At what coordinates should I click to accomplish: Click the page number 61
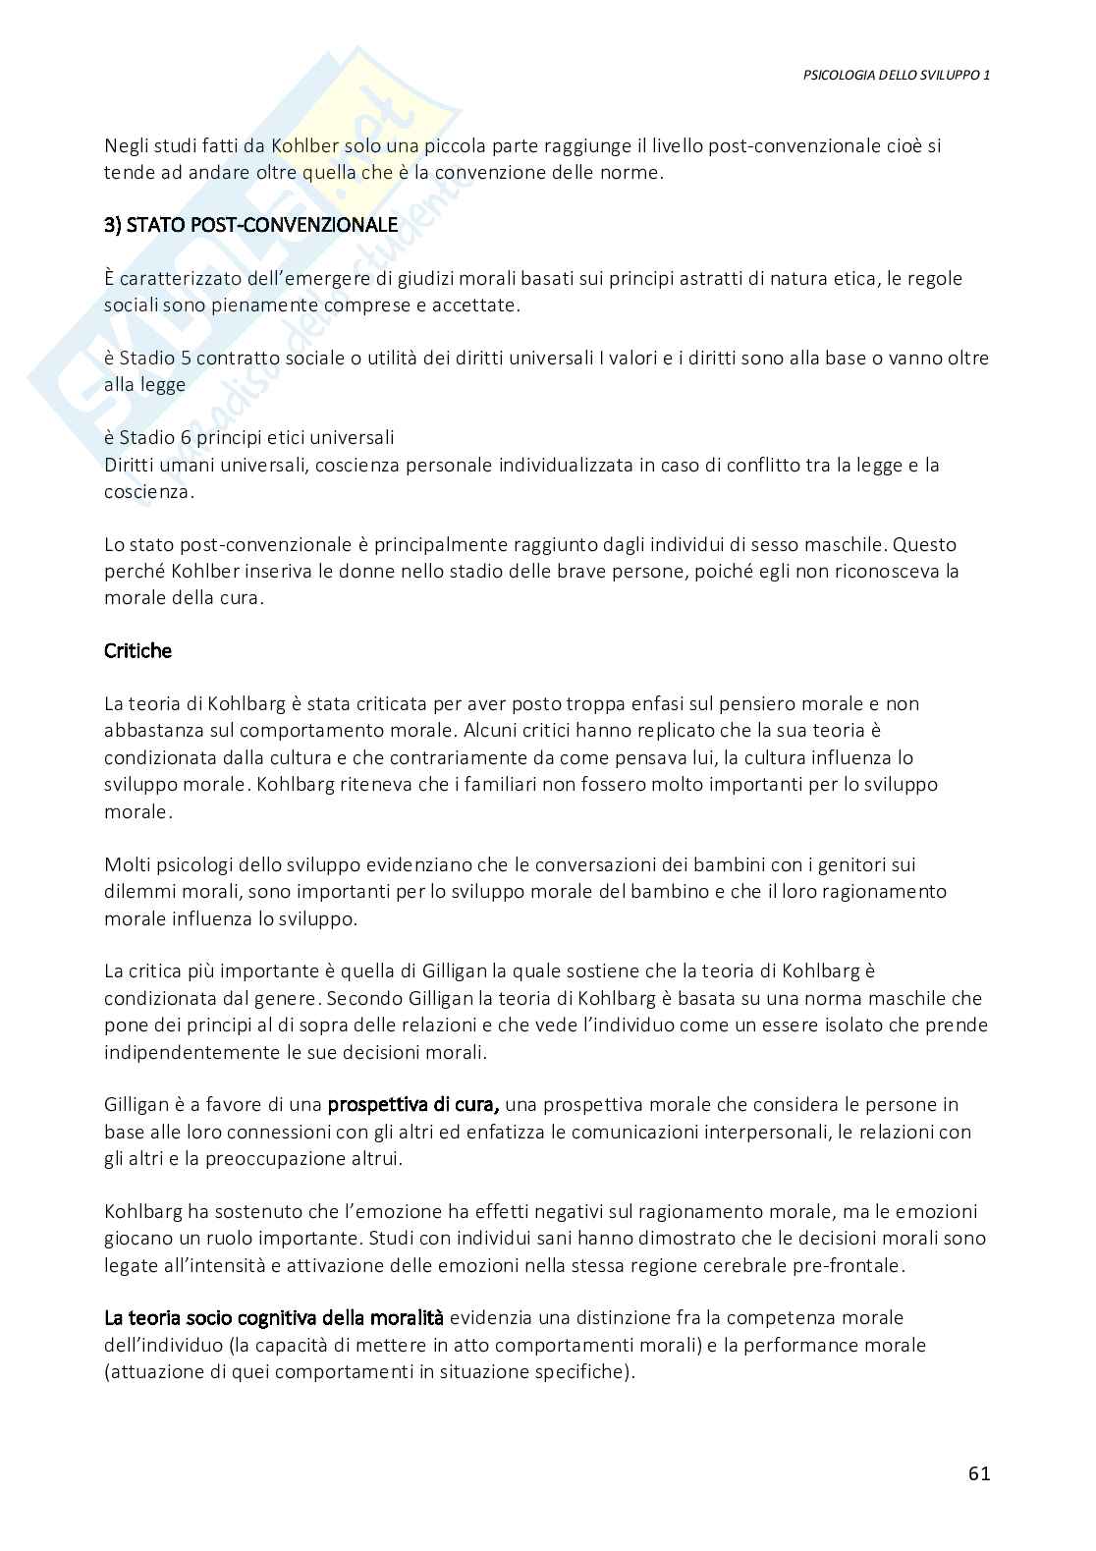tap(978, 1473)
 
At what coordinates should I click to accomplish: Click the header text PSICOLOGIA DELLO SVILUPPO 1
tap(896, 75)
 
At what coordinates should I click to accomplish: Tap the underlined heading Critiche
tap(138, 651)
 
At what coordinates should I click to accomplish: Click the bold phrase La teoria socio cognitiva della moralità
tap(274, 1317)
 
